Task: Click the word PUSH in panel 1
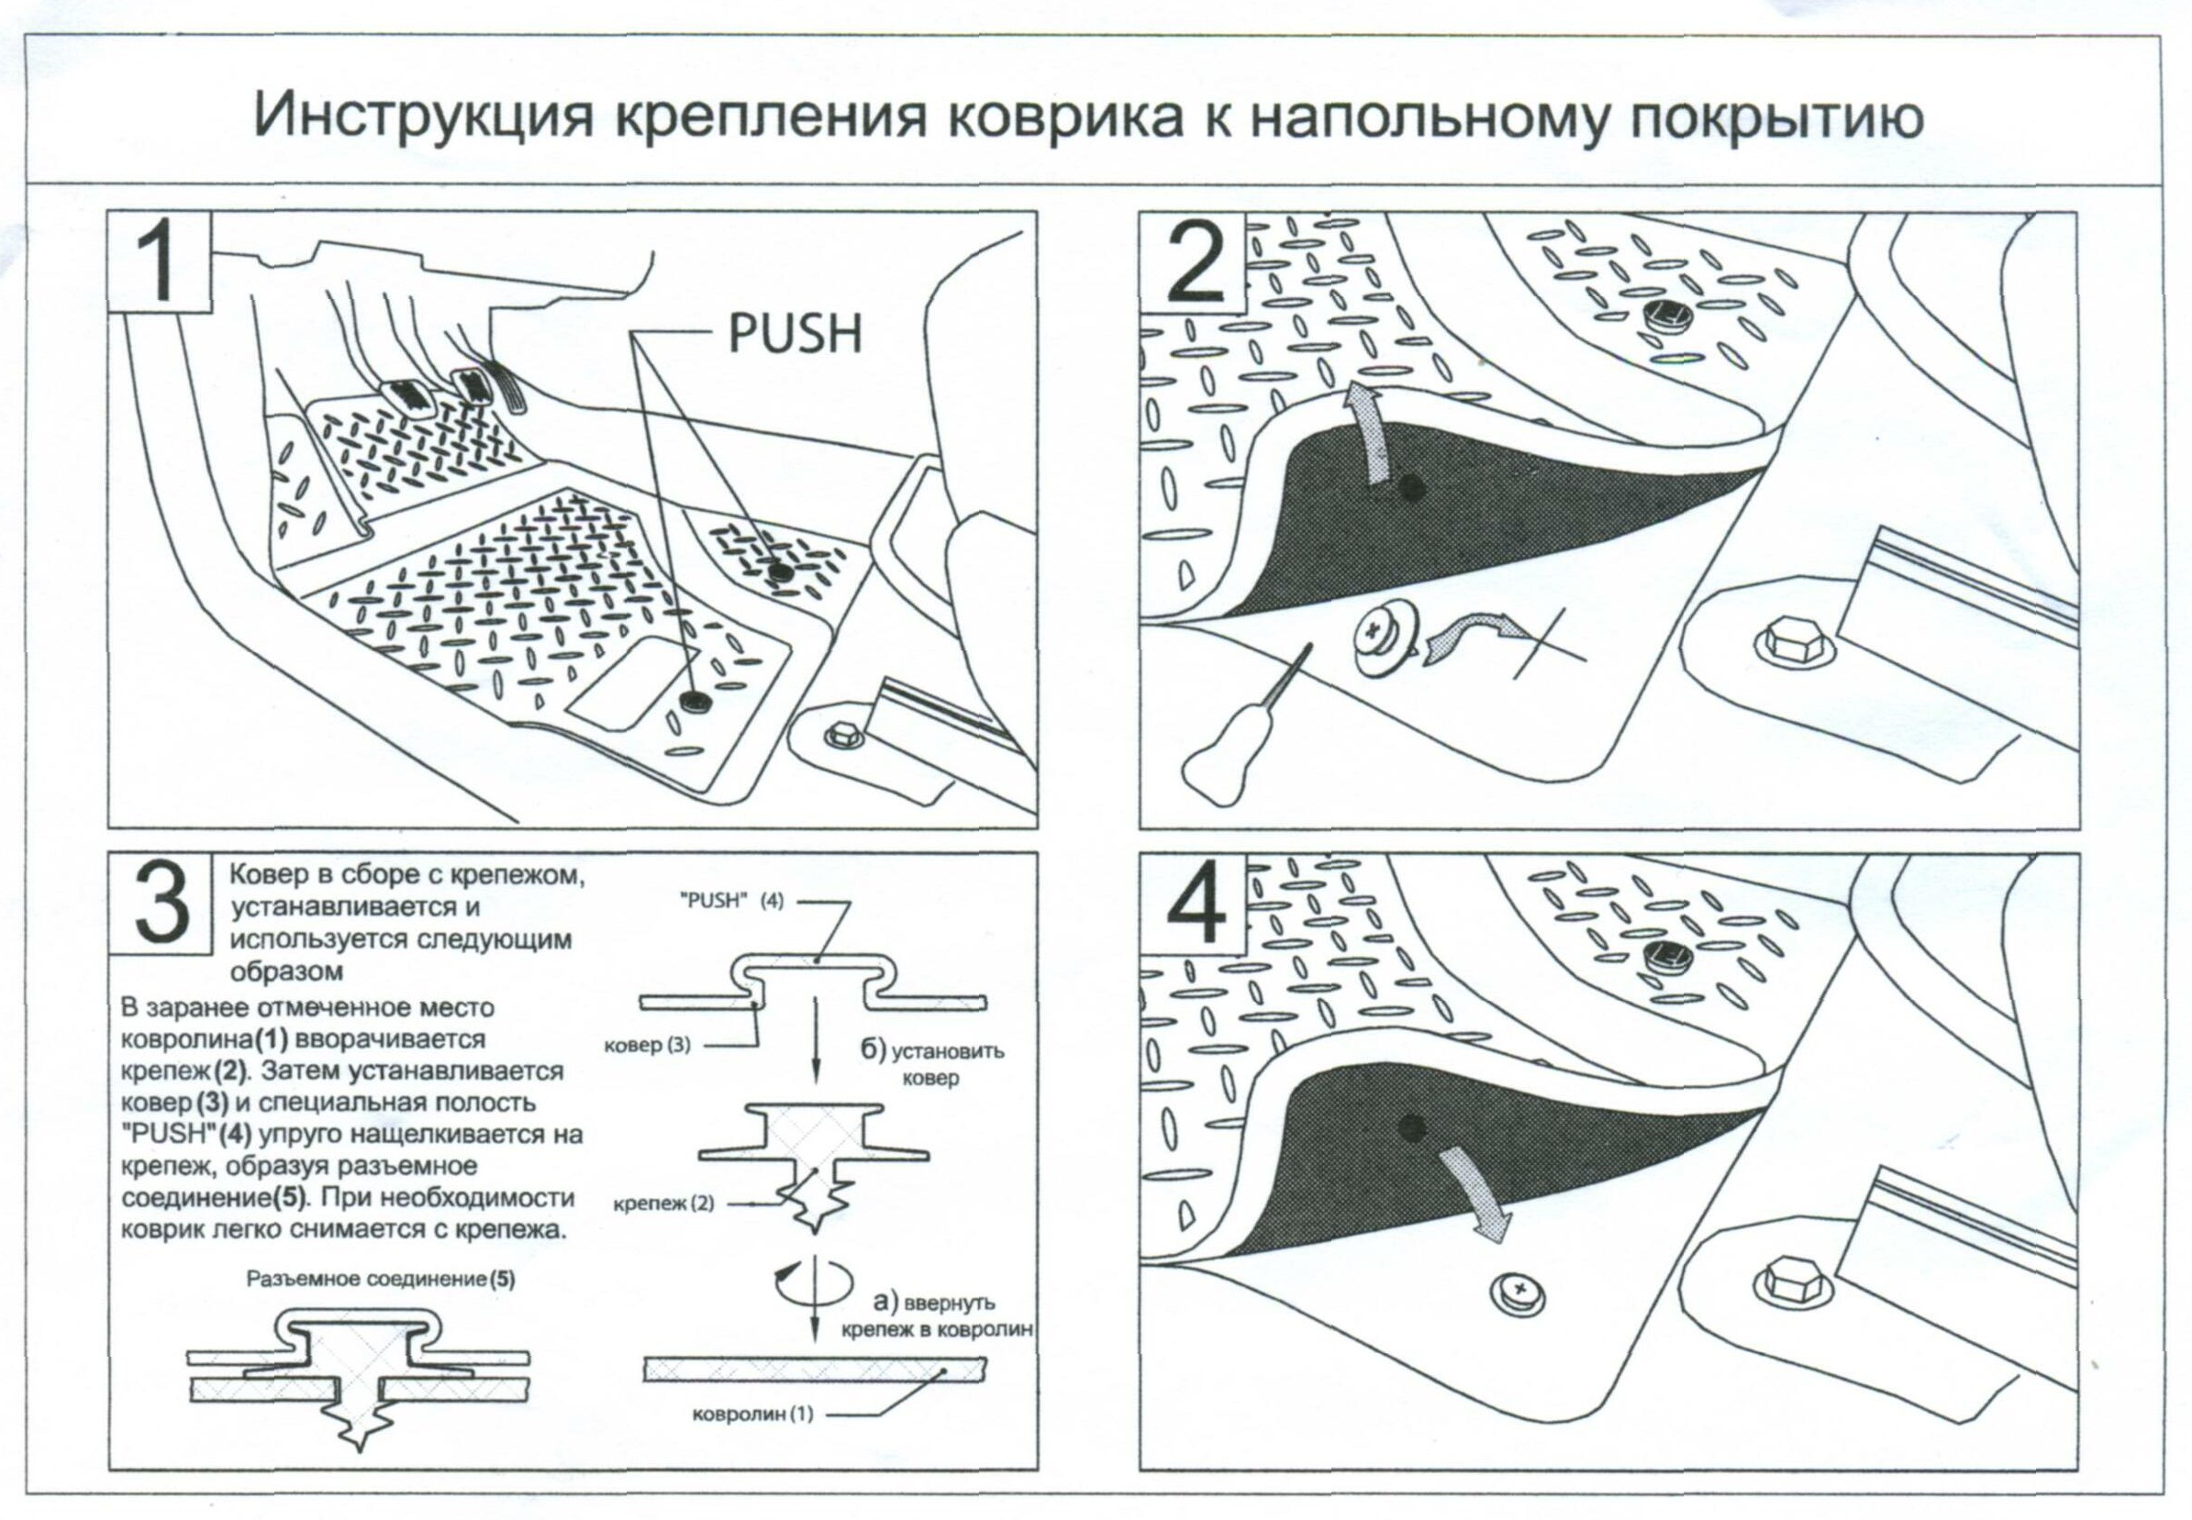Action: pos(795,334)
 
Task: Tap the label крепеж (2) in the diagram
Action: pos(663,1203)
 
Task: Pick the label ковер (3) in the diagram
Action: pos(647,1045)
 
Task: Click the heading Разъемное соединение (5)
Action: pos(380,1279)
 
